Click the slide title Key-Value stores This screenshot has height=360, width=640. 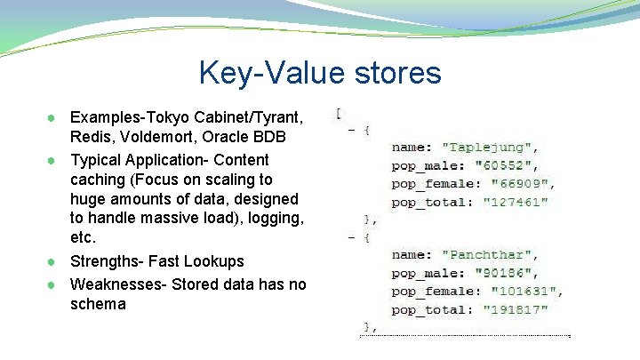click(320, 72)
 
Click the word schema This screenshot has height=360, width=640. click(98, 304)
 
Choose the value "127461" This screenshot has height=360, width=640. click(515, 203)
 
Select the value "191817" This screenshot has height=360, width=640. click(515, 310)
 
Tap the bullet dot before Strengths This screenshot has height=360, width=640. click(53, 262)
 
